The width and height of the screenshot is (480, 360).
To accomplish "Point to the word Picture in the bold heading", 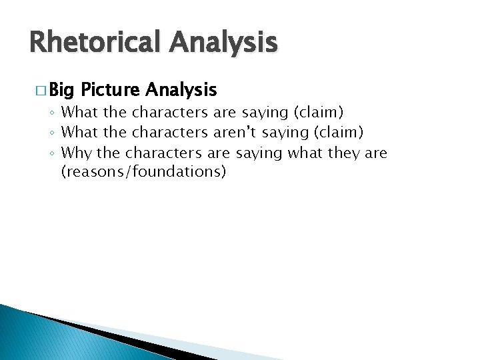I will [109, 89].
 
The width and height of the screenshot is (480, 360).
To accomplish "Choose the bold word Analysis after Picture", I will [180, 89].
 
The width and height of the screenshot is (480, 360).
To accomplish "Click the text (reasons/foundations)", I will [143, 172].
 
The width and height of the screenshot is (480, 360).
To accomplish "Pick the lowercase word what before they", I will [305, 153].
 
